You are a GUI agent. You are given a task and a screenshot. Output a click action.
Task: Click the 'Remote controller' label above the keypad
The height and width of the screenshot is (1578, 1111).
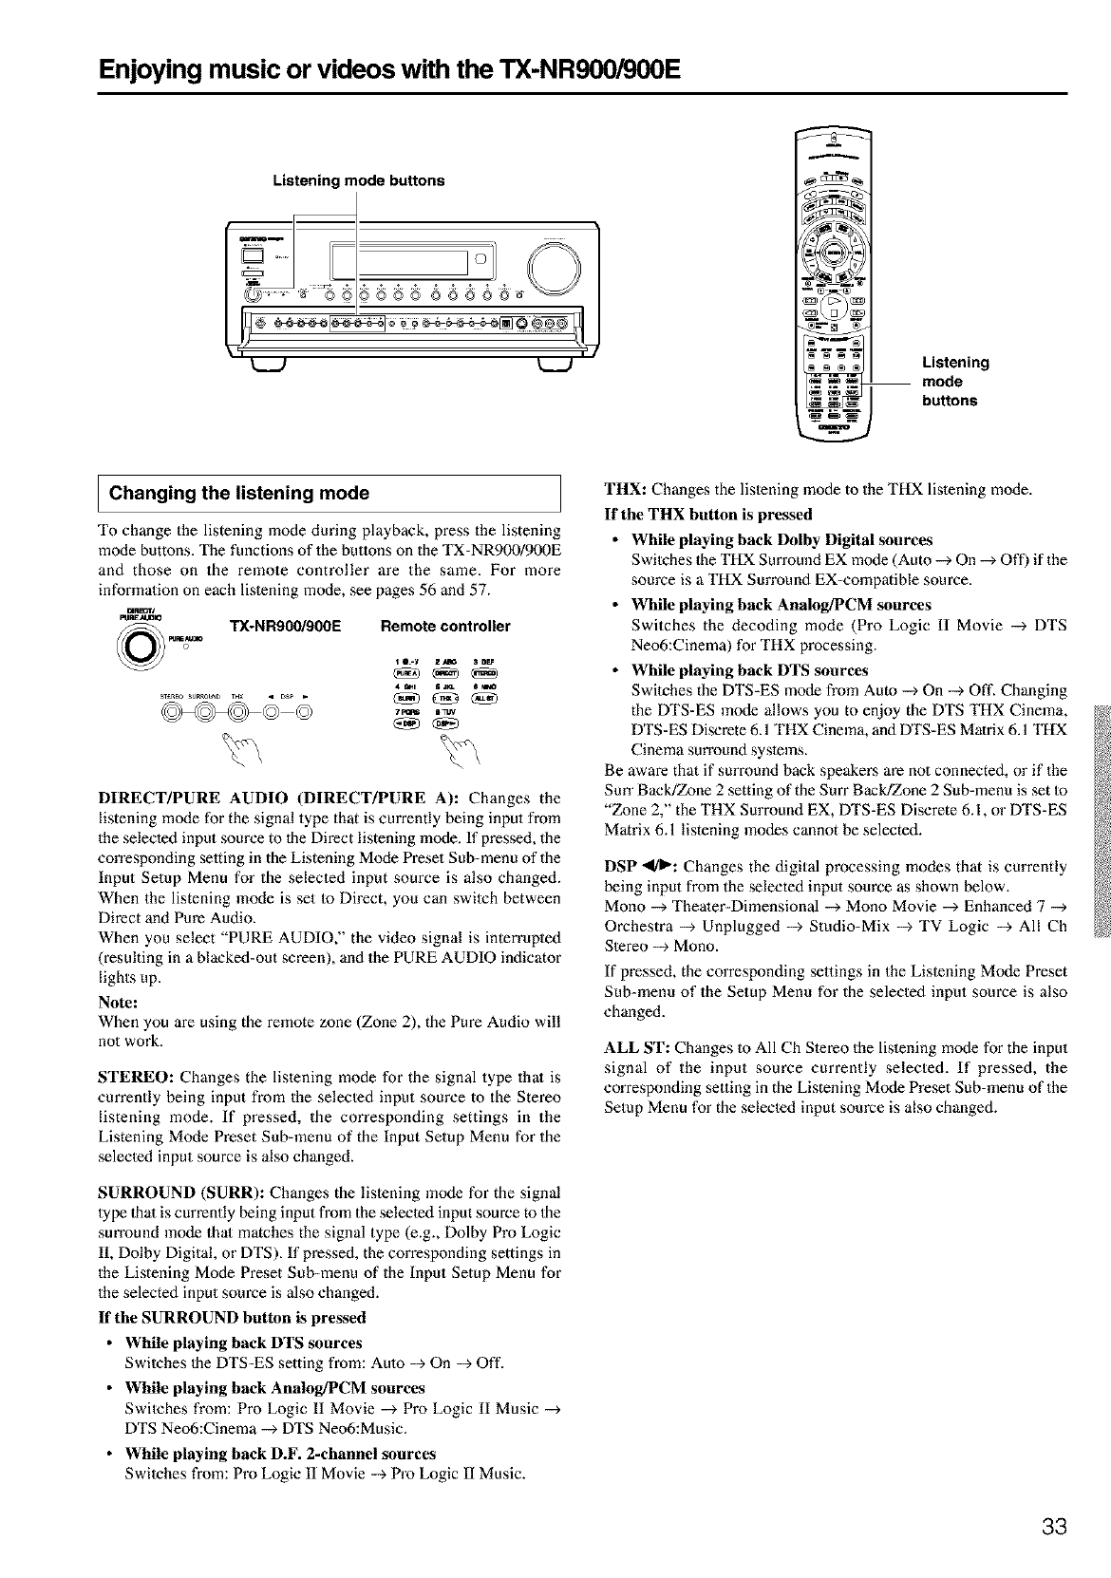[444, 627]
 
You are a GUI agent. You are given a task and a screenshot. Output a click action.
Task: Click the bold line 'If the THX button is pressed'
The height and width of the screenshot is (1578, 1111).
[708, 515]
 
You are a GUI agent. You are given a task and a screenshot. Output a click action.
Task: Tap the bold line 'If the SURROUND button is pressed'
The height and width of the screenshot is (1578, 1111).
[233, 1317]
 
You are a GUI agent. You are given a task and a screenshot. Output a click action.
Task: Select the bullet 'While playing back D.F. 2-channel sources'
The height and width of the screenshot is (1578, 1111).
[280, 1454]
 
